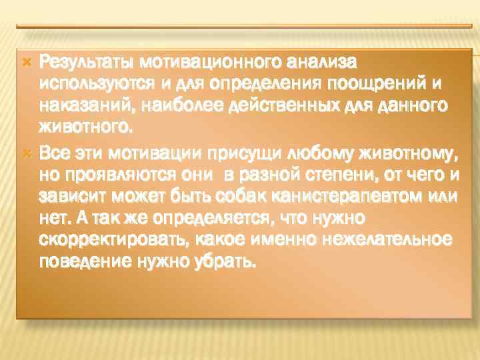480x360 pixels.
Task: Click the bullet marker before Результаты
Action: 27,62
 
